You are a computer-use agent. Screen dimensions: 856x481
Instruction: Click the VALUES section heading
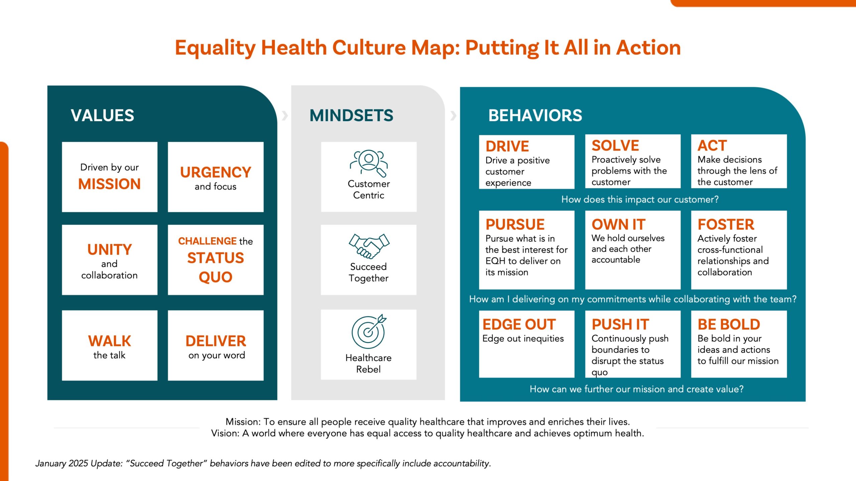coord(102,116)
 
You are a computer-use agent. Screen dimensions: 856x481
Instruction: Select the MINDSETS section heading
coord(351,116)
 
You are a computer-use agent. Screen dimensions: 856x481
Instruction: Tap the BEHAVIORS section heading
coord(535,116)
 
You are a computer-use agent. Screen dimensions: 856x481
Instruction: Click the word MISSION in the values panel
coord(109,184)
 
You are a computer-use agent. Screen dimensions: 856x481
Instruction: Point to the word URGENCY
coord(216,172)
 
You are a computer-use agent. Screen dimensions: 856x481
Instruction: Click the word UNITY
coord(110,250)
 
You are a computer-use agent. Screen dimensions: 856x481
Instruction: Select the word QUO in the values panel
coord(216,277)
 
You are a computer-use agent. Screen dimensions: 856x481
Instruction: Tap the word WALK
coord(110,341)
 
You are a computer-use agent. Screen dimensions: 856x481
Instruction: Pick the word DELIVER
coord(216,341)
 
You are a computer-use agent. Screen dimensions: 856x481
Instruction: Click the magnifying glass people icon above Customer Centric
coord(369,163)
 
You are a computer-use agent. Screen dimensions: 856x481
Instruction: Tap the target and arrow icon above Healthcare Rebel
coord(369,331)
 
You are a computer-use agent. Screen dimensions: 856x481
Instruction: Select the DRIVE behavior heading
coord(507,146)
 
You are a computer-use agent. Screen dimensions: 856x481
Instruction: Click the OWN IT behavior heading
coord(619,224)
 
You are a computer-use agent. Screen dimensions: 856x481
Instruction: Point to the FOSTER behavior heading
coord(726,224)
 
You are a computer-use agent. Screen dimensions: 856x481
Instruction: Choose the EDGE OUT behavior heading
coord(519,324)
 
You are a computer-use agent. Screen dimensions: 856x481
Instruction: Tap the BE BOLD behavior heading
coord(729,324)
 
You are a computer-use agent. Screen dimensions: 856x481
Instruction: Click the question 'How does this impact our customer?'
coord(640,199)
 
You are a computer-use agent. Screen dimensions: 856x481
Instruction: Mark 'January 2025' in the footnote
coord(62,463)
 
